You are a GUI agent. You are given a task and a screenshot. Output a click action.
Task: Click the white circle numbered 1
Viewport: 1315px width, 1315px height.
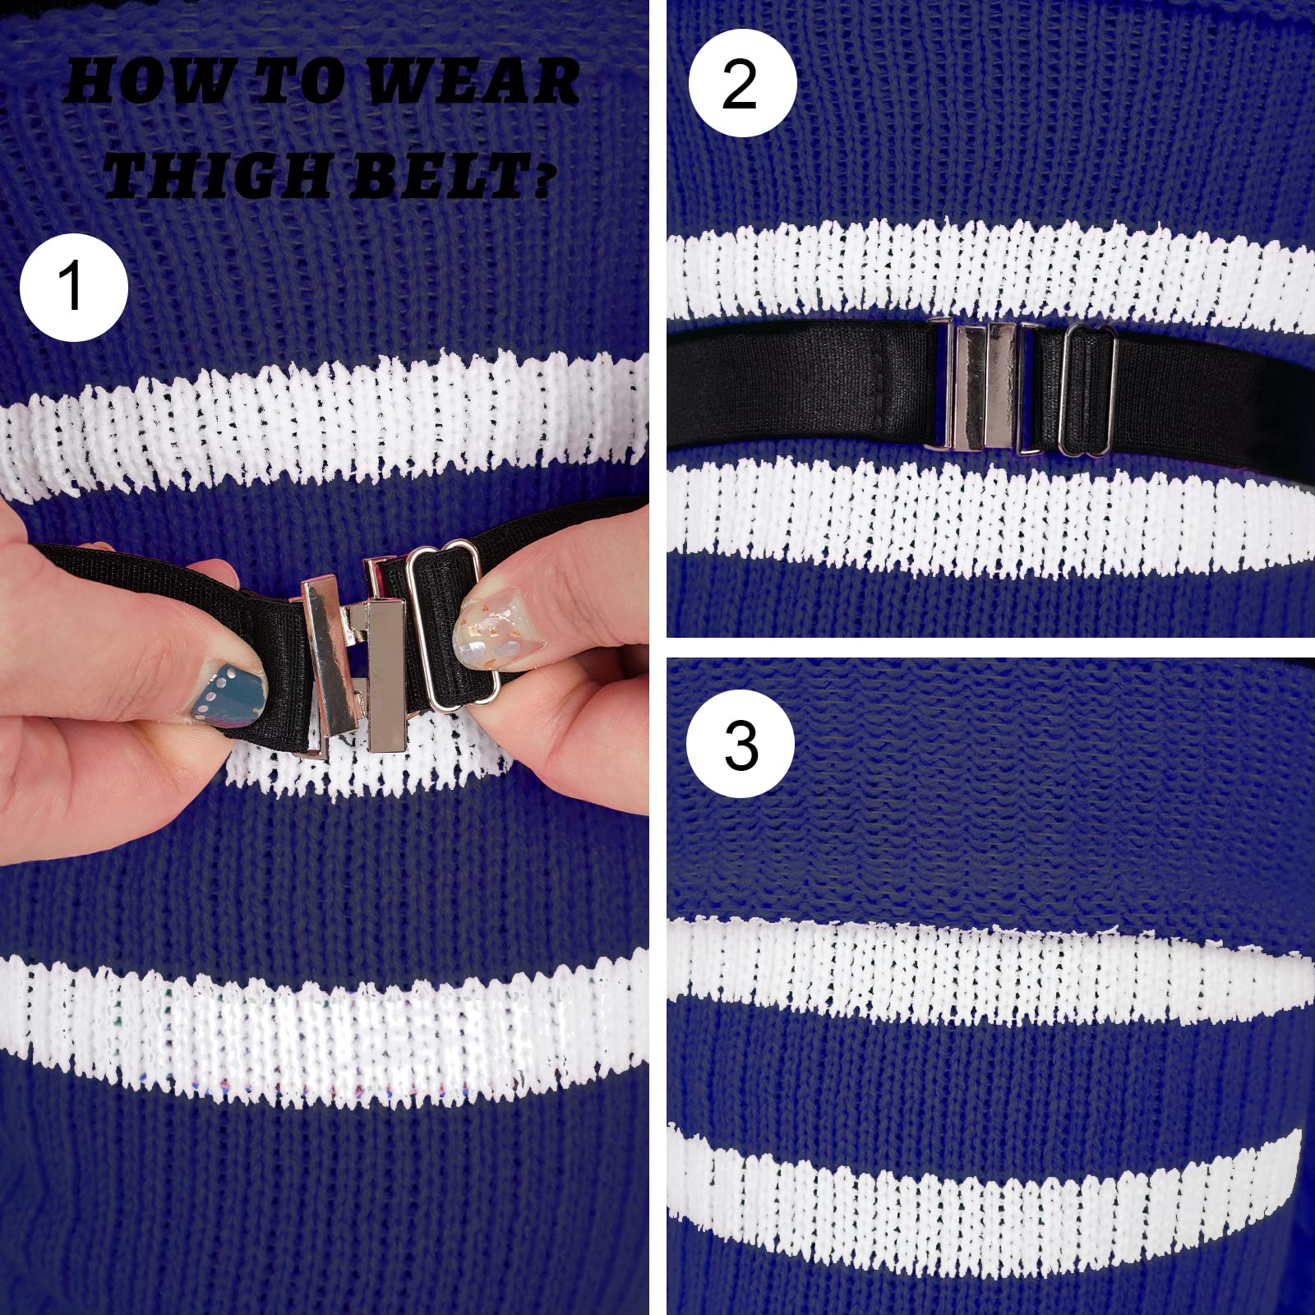coord(74,287)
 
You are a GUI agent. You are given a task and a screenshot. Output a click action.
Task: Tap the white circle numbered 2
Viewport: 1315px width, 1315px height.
coord(742,83)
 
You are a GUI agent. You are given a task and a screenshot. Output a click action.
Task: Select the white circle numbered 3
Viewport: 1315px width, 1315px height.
coord(741,745)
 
